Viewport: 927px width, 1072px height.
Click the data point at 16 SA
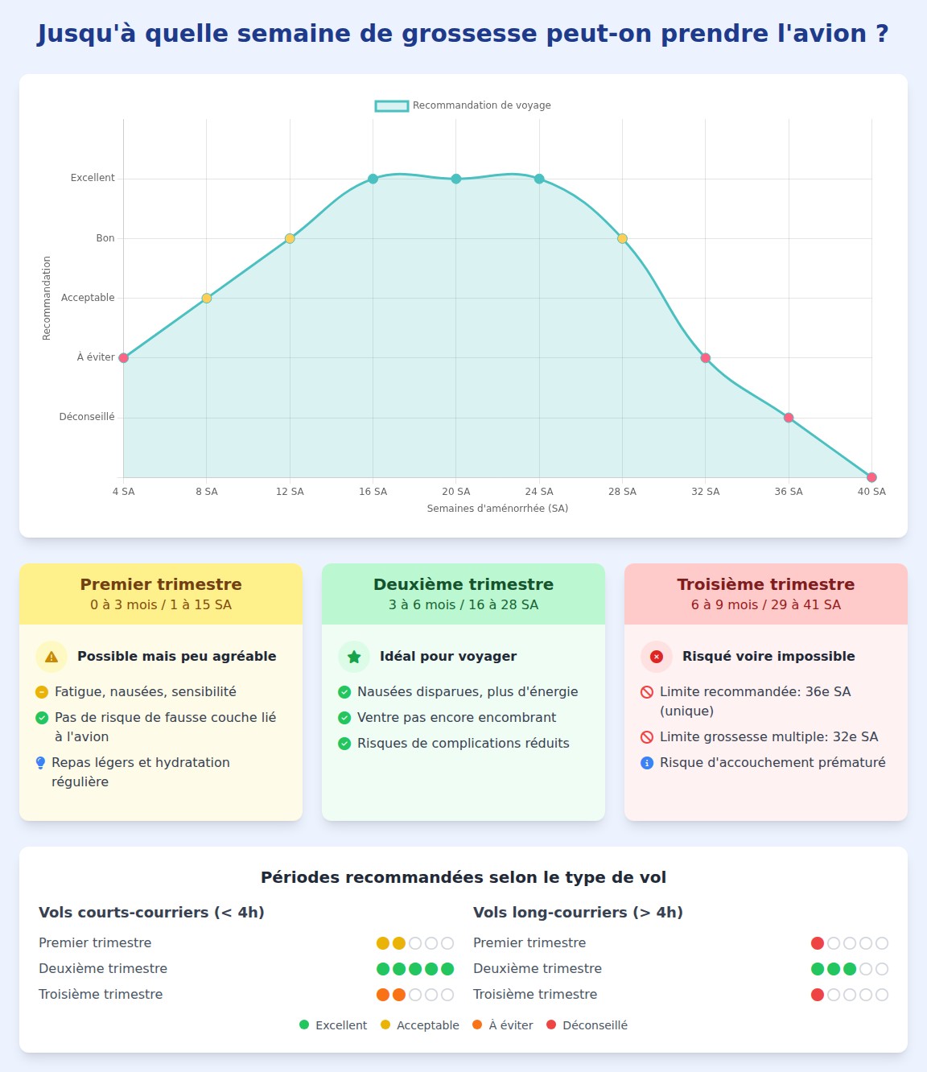click(x=373, y=179)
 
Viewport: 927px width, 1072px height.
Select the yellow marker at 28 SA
click(x=622, y=238)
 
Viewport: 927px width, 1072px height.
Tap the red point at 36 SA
click(x=789, y=418)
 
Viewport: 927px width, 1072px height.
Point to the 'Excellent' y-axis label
click(x=93, y=178)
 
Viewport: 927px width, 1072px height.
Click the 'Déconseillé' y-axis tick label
click(x=87, y=417)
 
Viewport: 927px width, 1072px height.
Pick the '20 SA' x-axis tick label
click(x=455, y=492)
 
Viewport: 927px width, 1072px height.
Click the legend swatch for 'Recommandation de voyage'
click(x=392, y=105)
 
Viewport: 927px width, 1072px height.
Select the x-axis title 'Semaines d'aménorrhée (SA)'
click(x=497, y=509)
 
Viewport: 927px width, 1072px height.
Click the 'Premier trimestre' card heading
click(x=161, y=584)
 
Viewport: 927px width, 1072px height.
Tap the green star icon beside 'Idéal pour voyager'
click(x=354, y=657)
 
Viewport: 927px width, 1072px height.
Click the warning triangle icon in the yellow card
click(x=51, y=657)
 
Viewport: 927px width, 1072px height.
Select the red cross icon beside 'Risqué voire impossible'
click(x=657, y=657)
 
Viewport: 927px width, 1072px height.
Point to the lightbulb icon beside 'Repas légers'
click(x=41, y=763)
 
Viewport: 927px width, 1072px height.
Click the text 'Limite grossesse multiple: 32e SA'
click(x=768, y=737)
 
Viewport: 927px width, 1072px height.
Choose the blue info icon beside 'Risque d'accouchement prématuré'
click(x=647, y=763)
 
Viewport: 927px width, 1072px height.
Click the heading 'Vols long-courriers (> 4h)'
click(x=578, y=913)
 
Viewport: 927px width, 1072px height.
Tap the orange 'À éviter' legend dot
click(x=477, y=1025)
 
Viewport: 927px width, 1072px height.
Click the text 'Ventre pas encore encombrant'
click(x=456, y=718)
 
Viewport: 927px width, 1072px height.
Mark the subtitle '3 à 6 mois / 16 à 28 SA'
click(x=463, y=605)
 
